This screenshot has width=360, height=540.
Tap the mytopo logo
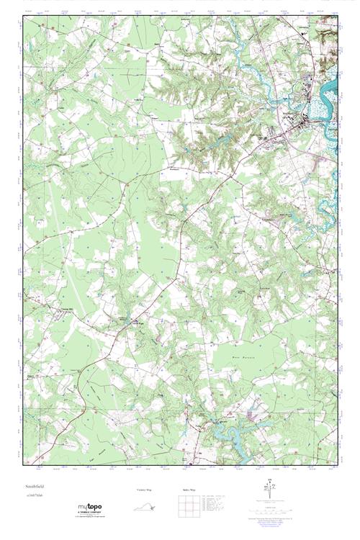pos(89,507)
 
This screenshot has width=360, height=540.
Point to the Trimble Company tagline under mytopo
pos(90,514)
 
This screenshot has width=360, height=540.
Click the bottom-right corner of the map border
pos(337,467)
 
